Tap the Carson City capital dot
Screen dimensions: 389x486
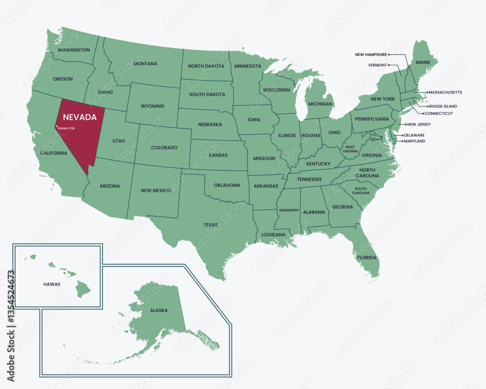tap(56, 127)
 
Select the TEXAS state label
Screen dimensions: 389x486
tap(210, 225)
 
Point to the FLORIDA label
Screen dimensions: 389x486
tap(367, 257)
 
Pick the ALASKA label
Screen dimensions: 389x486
tap(159, 310)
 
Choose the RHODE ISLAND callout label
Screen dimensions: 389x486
tap(443, 106)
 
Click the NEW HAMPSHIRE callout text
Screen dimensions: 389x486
tap(371, 54)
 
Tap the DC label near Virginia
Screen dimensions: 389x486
tap(373, 140)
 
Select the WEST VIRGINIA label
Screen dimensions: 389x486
tap(350, 149)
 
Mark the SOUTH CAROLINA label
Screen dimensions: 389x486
tap(361, 191)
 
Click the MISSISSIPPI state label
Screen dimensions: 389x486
tap(289, 210)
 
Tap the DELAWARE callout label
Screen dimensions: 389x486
tap(414, 135)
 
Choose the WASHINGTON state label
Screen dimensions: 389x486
tap(73, 50)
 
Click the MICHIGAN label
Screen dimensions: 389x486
tap(320, 104)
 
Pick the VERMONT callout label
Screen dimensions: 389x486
tap(378, 65)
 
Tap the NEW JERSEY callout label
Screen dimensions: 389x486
tap(418, 124)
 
